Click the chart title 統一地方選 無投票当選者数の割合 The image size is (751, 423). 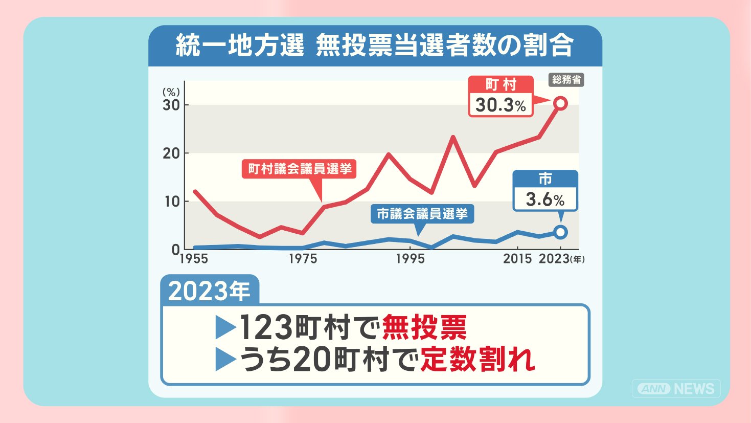[375, 46]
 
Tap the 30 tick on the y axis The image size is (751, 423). [171, 105]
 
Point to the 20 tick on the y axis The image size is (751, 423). [171, 153]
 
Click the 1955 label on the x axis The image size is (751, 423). [194, 258]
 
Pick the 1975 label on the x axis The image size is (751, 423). [303, 258]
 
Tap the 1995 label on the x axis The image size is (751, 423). [410, 258]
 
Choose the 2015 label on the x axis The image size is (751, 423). [517, 258]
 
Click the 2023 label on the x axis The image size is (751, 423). [554, 258]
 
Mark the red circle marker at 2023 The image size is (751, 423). [561, 103]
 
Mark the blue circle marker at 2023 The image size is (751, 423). [561, 232]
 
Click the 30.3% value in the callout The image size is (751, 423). [500, 105]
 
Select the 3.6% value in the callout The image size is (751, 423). [545, 199]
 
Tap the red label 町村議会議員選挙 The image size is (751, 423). [300, 169]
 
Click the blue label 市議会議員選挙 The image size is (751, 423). [422, 213]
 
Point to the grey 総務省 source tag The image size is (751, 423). [567, 80]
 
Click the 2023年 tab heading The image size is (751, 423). [209, 291]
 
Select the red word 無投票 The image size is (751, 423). [424, 327]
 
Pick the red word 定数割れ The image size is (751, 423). [477, 360]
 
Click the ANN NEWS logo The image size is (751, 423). [677, 389]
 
